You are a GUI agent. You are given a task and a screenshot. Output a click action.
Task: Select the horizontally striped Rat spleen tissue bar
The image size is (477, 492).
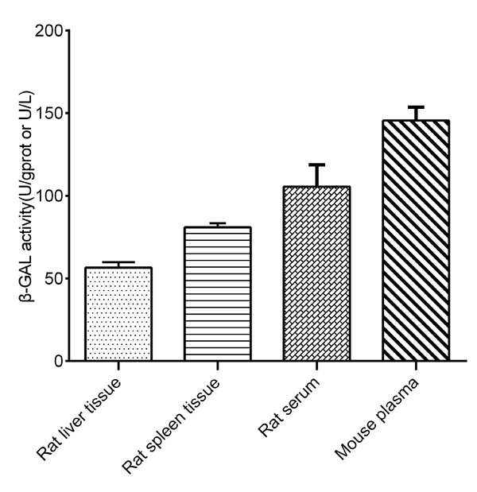coord(218,294)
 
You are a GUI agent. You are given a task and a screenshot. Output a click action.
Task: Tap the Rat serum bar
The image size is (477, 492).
coord(317,274)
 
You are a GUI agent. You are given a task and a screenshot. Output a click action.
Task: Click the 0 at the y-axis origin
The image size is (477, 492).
coord(59,362)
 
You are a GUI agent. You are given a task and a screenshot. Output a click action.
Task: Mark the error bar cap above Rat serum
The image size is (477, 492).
coord(317,165)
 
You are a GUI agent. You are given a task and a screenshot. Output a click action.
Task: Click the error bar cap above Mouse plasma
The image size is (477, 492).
coord(416,107)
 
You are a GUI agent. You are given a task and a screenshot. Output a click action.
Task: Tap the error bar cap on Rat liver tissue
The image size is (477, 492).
coord(118,262)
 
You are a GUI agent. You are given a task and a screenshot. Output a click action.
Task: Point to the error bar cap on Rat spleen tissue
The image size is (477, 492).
coord(218,223)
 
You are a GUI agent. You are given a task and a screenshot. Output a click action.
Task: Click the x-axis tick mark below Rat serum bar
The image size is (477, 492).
coord(317,366)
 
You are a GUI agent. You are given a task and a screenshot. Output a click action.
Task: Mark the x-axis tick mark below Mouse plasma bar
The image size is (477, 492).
coord(416,366)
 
